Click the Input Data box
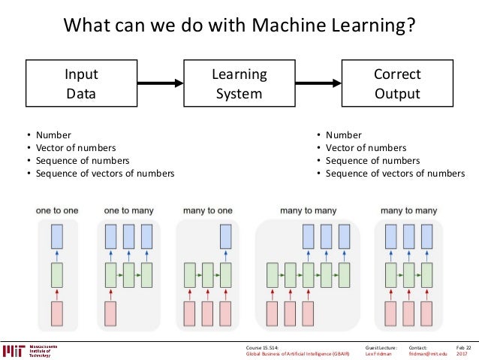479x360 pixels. click(x=80, y=84)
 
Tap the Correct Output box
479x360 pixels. click(x=396, y=84)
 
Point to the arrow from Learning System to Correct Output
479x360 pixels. click(x=315, y=84)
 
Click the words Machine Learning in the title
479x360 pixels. click(x=327, y=27)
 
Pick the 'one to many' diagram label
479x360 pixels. click(x=125, y=211)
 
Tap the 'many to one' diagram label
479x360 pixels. click(x=207, y=211)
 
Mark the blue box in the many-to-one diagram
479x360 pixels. click(x=226, y=237)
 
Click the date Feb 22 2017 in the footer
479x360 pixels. click(x=462, y=350)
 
